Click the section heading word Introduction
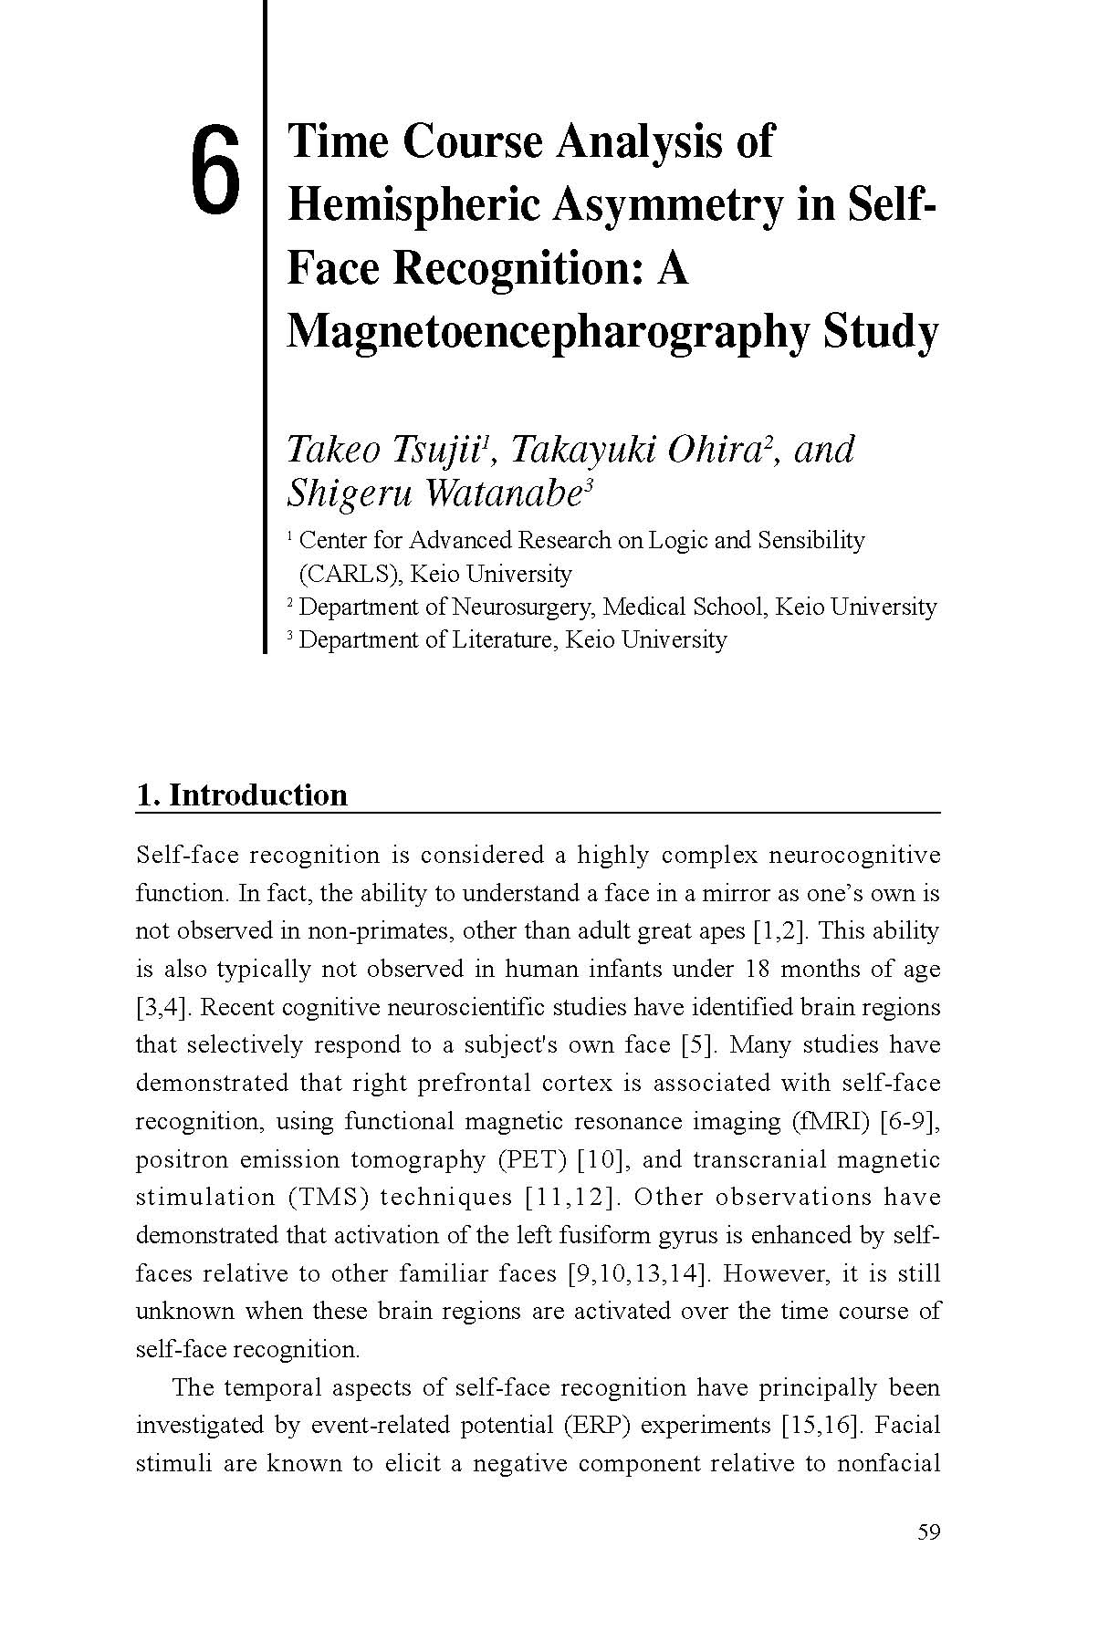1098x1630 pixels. (x=258, y=794)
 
